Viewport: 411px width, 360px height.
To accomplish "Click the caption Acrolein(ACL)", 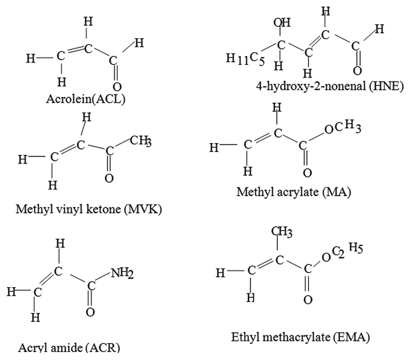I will coord(86,99).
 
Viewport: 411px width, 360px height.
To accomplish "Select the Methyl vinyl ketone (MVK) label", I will coord(89,209).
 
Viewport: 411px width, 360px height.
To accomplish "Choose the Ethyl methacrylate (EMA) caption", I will coord(300,337).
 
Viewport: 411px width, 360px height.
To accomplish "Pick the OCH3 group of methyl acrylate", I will coord(342,128).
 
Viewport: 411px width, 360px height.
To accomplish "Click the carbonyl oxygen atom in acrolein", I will coord(117,87).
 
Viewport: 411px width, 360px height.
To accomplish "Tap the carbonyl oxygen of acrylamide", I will coord(90,312).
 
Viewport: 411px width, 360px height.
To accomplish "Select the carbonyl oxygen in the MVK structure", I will coord(109,178).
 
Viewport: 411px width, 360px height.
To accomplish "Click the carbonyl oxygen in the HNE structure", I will coord(357,71).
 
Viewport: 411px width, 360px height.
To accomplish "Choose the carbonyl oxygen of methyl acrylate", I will coord(307,173).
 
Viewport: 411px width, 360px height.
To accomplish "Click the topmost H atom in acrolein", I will coord(87,22).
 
